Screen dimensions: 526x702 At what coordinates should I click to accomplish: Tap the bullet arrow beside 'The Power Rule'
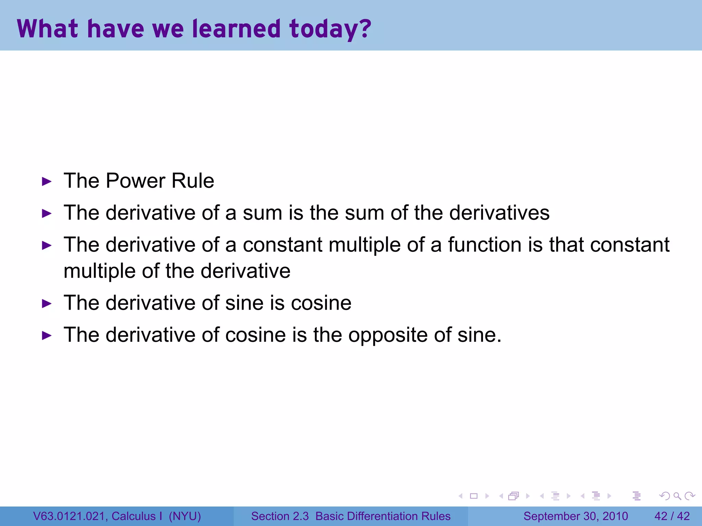point(47,181)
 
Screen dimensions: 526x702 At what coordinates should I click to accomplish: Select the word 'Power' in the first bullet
point(135,180)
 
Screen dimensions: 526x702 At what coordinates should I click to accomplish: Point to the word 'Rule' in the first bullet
point(193,180)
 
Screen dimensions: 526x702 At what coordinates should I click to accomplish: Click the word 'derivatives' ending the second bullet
point(499,213)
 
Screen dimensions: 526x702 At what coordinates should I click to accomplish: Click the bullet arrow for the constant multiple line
point(47,245)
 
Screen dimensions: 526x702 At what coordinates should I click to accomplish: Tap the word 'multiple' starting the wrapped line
point(100,271)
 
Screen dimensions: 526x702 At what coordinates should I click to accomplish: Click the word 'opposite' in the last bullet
point(388,335)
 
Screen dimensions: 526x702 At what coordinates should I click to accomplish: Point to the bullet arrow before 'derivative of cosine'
point(47,336)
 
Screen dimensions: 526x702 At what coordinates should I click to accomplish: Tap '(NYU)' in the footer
point(185,516)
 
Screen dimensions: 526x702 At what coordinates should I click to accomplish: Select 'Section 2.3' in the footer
point(280,516)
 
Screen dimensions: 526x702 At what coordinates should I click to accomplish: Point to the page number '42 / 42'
point(672,516)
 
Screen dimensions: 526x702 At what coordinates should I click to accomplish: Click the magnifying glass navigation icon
point(677,496)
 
